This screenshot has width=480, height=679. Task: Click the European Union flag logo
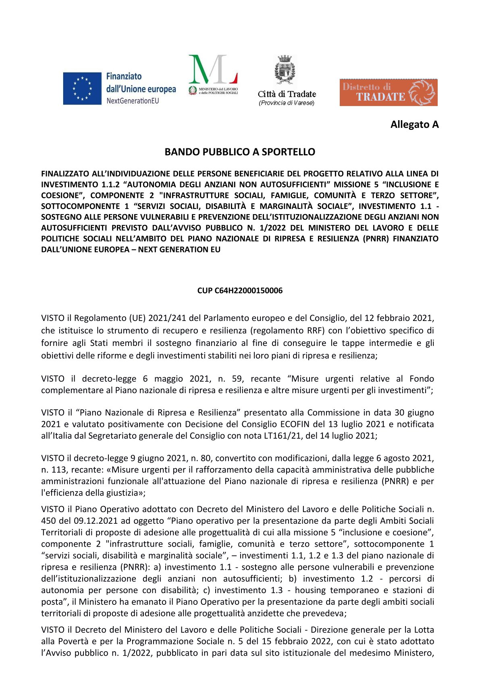tap(82, 88)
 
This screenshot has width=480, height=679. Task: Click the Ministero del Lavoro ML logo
tap(213, 75)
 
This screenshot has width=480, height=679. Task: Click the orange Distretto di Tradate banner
tap(388, 92)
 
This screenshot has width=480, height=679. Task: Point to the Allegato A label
tap(414, 125)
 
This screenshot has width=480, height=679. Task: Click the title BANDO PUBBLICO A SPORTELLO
tap(240, 152)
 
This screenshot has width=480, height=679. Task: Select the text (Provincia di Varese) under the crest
tap(287, 103)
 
